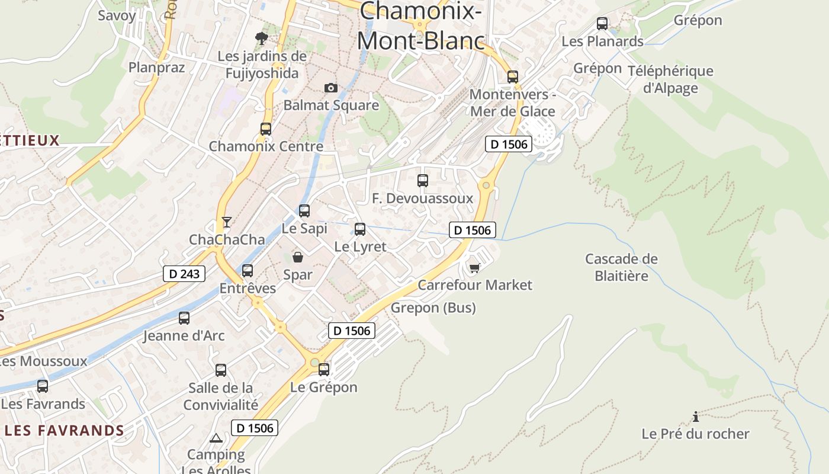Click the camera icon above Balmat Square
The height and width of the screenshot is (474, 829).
pos(331,88)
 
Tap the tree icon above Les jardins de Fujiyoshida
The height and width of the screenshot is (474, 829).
pos(261,39)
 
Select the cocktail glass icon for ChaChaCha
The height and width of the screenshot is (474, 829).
pos(226,222)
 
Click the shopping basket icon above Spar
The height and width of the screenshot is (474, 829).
pos(297,257)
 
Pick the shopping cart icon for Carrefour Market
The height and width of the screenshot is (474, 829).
pos(474,268)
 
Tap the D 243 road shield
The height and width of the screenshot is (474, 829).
pos(184,274)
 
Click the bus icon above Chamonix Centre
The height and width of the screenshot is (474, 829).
pos(266,129)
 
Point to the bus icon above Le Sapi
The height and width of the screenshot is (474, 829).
pos(304,210)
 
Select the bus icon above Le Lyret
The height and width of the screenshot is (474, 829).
pos(360,229)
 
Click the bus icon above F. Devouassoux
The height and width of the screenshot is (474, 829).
pos(423,181)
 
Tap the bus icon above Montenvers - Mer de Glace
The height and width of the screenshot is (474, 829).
pos(513,77)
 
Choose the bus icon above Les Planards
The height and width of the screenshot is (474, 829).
pos(602,24)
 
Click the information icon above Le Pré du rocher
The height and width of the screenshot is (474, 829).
pos(696,417)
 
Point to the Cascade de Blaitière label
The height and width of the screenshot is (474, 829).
pos(621,267)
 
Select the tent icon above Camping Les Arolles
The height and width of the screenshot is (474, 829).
pos(216,438)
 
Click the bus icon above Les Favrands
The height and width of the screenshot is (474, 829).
pos(43,386)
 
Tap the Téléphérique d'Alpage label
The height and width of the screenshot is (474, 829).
pos(670,79)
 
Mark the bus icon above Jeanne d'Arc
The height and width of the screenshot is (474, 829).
pos(184,318)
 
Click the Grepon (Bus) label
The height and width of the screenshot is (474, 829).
pos(433,308)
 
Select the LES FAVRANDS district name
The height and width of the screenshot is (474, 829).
pos(65,431)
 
